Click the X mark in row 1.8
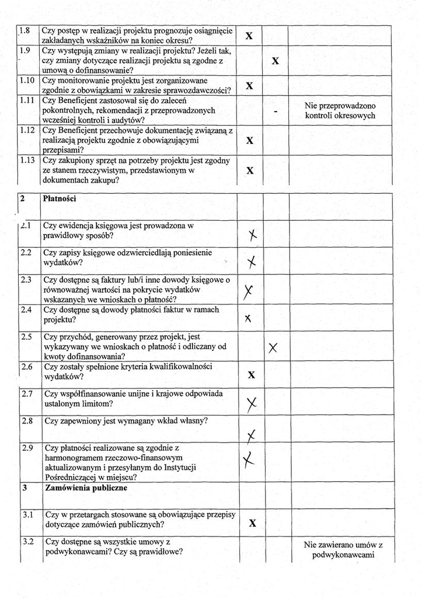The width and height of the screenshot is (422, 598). (x=249, y=36)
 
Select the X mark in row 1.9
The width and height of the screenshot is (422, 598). (x=275, y=61)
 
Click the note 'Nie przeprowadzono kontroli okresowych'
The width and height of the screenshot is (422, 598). (x=340, y=110)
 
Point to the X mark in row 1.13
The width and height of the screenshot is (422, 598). (x=250, y=171)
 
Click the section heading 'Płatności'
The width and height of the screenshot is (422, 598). (x=60, y=199)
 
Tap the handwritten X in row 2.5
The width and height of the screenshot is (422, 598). (x=273, y=348)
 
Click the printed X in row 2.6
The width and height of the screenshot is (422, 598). (x=252, y=374)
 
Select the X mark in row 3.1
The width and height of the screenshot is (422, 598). (x=252, y=523)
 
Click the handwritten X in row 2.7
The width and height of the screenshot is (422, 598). (x=252, y=403)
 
